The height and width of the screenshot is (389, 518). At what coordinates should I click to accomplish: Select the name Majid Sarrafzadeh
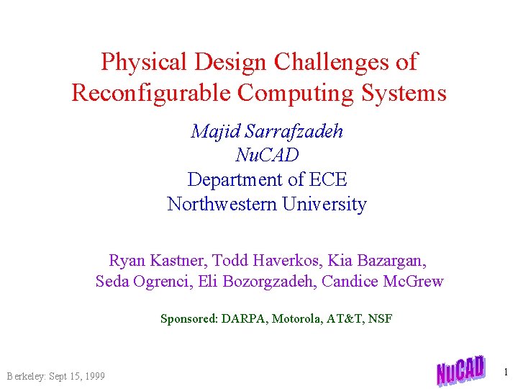[267, 131]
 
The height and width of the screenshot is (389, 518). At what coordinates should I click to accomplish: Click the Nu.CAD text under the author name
[267, 155]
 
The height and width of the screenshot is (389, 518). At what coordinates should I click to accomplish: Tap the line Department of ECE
[267, 179]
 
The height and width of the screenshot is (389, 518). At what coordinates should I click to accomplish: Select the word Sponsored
[188, 318]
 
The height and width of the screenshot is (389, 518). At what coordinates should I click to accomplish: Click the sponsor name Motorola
[296, 318]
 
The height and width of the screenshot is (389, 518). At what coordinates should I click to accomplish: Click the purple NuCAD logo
[460, 370]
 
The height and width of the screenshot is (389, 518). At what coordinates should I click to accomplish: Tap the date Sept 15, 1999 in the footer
[76, 376]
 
